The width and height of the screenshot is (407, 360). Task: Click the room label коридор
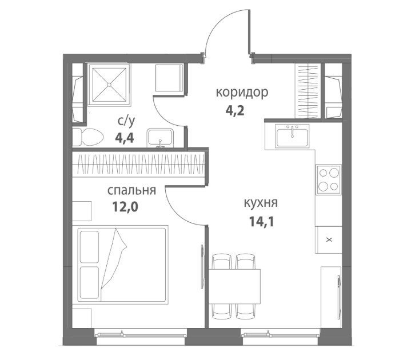pyautogui.click(x=242, y=93)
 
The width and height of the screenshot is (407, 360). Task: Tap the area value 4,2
pyautogui.click(x=235, y=111)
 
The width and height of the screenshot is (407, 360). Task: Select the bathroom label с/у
pyautogui.click(x=126, y=121)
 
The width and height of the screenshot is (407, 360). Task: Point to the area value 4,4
pyautogui.click(x=125, y=138)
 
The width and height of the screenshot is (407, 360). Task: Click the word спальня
pyautogui.click(x=131, y=191)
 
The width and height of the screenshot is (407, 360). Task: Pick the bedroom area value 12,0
pyautogui.click(x=125, y=207)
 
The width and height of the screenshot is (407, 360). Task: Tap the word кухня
pyautogui.click(x=261, y=203)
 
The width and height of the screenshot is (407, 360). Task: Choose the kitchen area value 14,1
pyautogui.click(x=261, y=222)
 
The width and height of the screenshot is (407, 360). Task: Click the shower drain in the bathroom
pyautogui.click(x=109, y=85)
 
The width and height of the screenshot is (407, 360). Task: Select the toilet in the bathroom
pyautogui.click(x=88, y=137)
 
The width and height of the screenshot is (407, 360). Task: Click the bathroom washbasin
pyautogui.click(x=160, y=138)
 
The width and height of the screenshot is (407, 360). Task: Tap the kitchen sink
pyautogui.click(x=293, y=135)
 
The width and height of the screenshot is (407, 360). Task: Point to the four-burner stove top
pyautogui.click(x=328, y=179)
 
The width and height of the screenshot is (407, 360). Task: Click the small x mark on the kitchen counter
pyautogui.click(x=329, y=240)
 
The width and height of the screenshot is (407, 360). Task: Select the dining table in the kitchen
pyautogui.click(x=234, y=286)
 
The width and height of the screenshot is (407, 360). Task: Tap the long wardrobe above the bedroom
pyautogui.click(x=138, y=164)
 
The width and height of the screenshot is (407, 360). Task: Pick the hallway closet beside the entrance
pyautogui.click(x=308, y=91)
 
